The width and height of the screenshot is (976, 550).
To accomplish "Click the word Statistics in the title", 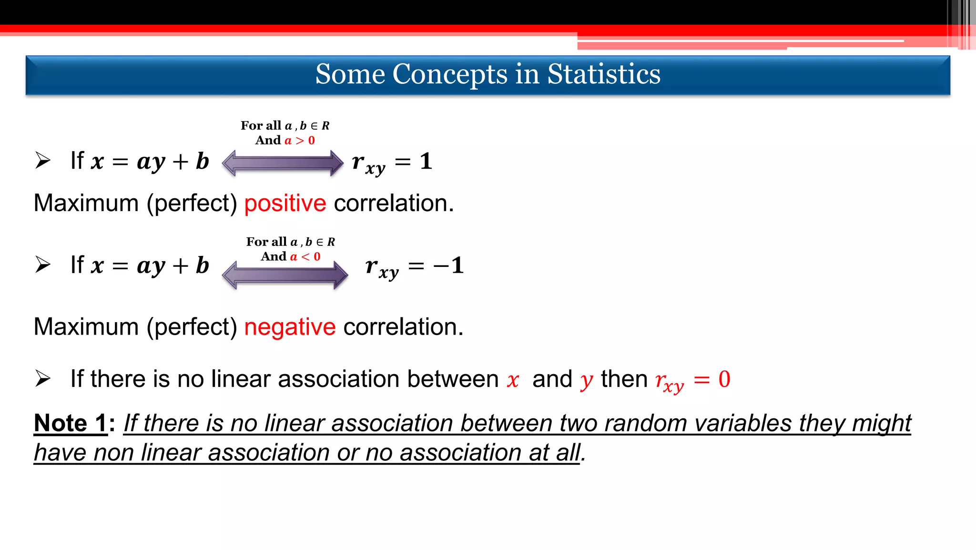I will click(x=603, y=74).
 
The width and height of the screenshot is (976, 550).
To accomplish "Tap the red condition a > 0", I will click(x=300, y=141).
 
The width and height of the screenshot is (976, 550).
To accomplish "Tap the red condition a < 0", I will click(x=305, y=257).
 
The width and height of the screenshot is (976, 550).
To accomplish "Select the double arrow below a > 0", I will click(x=283, y=163).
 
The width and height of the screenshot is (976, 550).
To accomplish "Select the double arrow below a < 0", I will click(x=285, y=275).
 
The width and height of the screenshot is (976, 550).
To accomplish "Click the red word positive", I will click(x=285, y=204).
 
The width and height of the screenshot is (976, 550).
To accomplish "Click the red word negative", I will click(x=290, y=327).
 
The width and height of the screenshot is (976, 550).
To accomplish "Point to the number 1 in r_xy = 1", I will click(x=426, y=161).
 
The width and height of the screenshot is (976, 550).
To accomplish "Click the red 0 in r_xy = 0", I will click(x=724, y=379).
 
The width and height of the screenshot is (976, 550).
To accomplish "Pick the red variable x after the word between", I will click(x=513, y=380).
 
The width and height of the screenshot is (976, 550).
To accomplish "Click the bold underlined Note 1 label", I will click(x=71, y=423).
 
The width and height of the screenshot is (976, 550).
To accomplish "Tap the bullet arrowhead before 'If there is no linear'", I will click(x=43, y=379).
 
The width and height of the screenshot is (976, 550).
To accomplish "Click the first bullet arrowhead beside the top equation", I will click(x=43, y=161).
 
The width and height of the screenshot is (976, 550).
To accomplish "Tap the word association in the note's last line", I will click(x=460, y=453).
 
